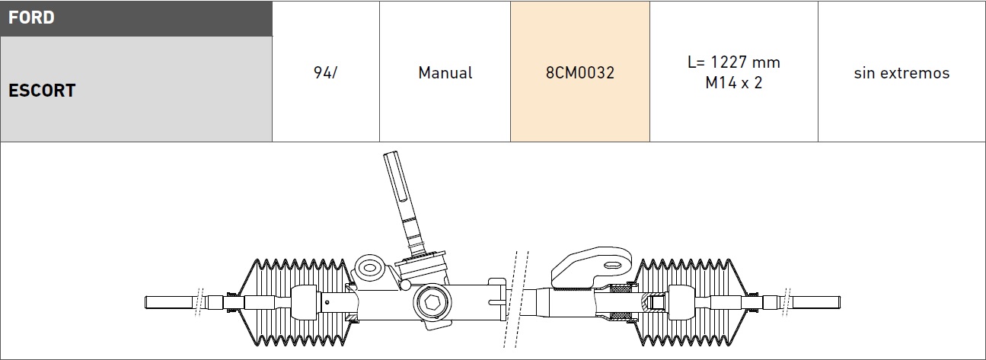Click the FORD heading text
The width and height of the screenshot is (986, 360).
[31, 18]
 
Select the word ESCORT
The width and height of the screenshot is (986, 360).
[42, 91]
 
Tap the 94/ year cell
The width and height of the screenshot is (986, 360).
[325, 72]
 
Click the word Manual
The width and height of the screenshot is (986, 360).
[445, 72]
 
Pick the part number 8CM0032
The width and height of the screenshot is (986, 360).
[579, 72]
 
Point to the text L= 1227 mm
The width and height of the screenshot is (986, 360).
[734, 62]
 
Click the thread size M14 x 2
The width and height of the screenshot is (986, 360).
[734, 83]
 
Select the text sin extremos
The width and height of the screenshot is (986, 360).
[901, 72]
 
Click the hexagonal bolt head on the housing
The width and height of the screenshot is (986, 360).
[432, 303]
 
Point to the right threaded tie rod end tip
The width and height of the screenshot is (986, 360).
[815, 302]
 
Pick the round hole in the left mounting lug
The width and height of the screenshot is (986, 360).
[370, 268]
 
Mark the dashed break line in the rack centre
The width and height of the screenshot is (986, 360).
[516, 299]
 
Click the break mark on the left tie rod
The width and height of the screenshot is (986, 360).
[199, 302]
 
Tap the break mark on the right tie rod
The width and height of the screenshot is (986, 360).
[787, 302]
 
